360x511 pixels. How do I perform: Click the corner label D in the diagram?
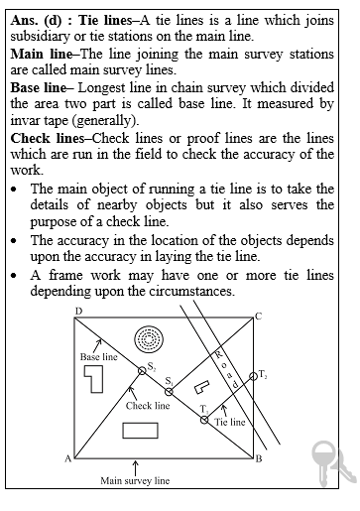(x=77, y=314)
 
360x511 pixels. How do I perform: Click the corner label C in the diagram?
(x=258, y=317)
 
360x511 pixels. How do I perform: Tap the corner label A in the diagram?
(x=67, y=458)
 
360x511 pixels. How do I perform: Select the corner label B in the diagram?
(x=258, y=459)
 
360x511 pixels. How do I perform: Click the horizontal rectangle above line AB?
(x=141, y=431)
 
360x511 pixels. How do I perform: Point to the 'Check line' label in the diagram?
(x=148, y=405)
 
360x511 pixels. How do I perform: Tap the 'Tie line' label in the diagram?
(x=230, y=422)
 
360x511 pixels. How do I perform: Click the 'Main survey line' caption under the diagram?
(x=135, y=481)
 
